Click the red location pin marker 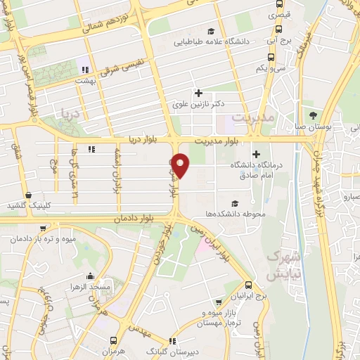click(x=181, y=165)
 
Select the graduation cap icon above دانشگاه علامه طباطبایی click(x=211, y=31)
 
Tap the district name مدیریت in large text click(x=252, y=119)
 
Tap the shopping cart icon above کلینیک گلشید click(x=27, y=195)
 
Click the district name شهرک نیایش click(x=284, y=266)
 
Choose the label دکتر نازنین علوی click(x=199, y=103)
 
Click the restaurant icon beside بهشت click(x=84, y=70)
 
